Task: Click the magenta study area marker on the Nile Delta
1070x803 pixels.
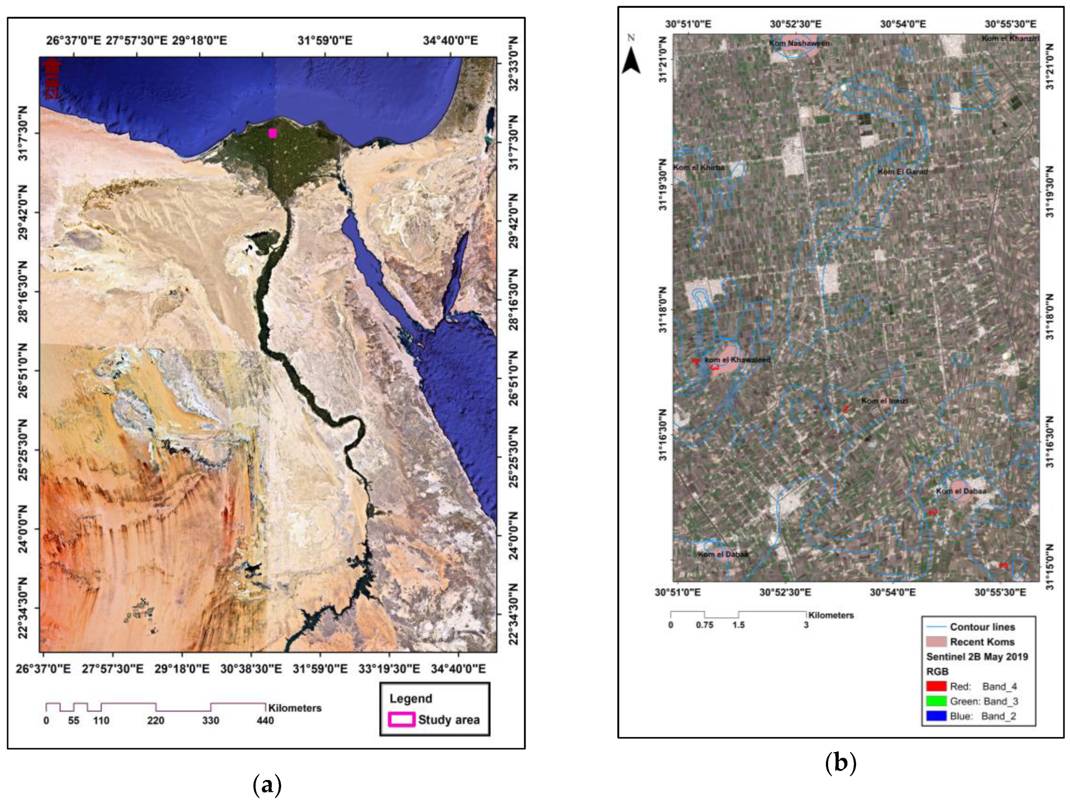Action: [273, 133]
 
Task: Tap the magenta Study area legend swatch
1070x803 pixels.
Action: [402, 720]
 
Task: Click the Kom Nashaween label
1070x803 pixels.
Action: [799, 44]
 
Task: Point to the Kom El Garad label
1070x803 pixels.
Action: [903, 171]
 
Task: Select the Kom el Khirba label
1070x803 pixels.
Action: [699, 167]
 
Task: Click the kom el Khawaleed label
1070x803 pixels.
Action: [737, 360]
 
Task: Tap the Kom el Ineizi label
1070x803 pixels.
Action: [884, 401]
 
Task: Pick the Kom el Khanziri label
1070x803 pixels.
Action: [1010, 39]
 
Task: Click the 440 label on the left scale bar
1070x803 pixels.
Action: [265, 721]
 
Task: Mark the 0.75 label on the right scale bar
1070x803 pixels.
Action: [704, 625]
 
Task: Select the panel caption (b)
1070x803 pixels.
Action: [841, 763]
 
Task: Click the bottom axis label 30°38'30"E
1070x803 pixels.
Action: [251, 669]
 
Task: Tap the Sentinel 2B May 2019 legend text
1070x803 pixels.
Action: [977, 656]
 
